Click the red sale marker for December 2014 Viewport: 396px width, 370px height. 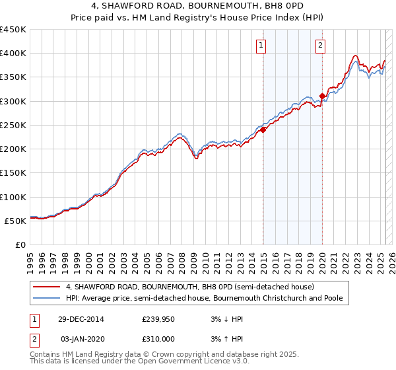click(263, 129)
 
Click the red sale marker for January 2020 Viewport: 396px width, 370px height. click(322, 96)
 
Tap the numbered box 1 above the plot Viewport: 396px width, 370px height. click(262, 46)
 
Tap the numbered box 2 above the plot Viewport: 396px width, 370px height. click(320, 46)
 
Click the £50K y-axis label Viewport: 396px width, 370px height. click(16, 221)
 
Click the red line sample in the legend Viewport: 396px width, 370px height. click(47, 287)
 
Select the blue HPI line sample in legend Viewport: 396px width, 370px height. click(47, 298)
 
